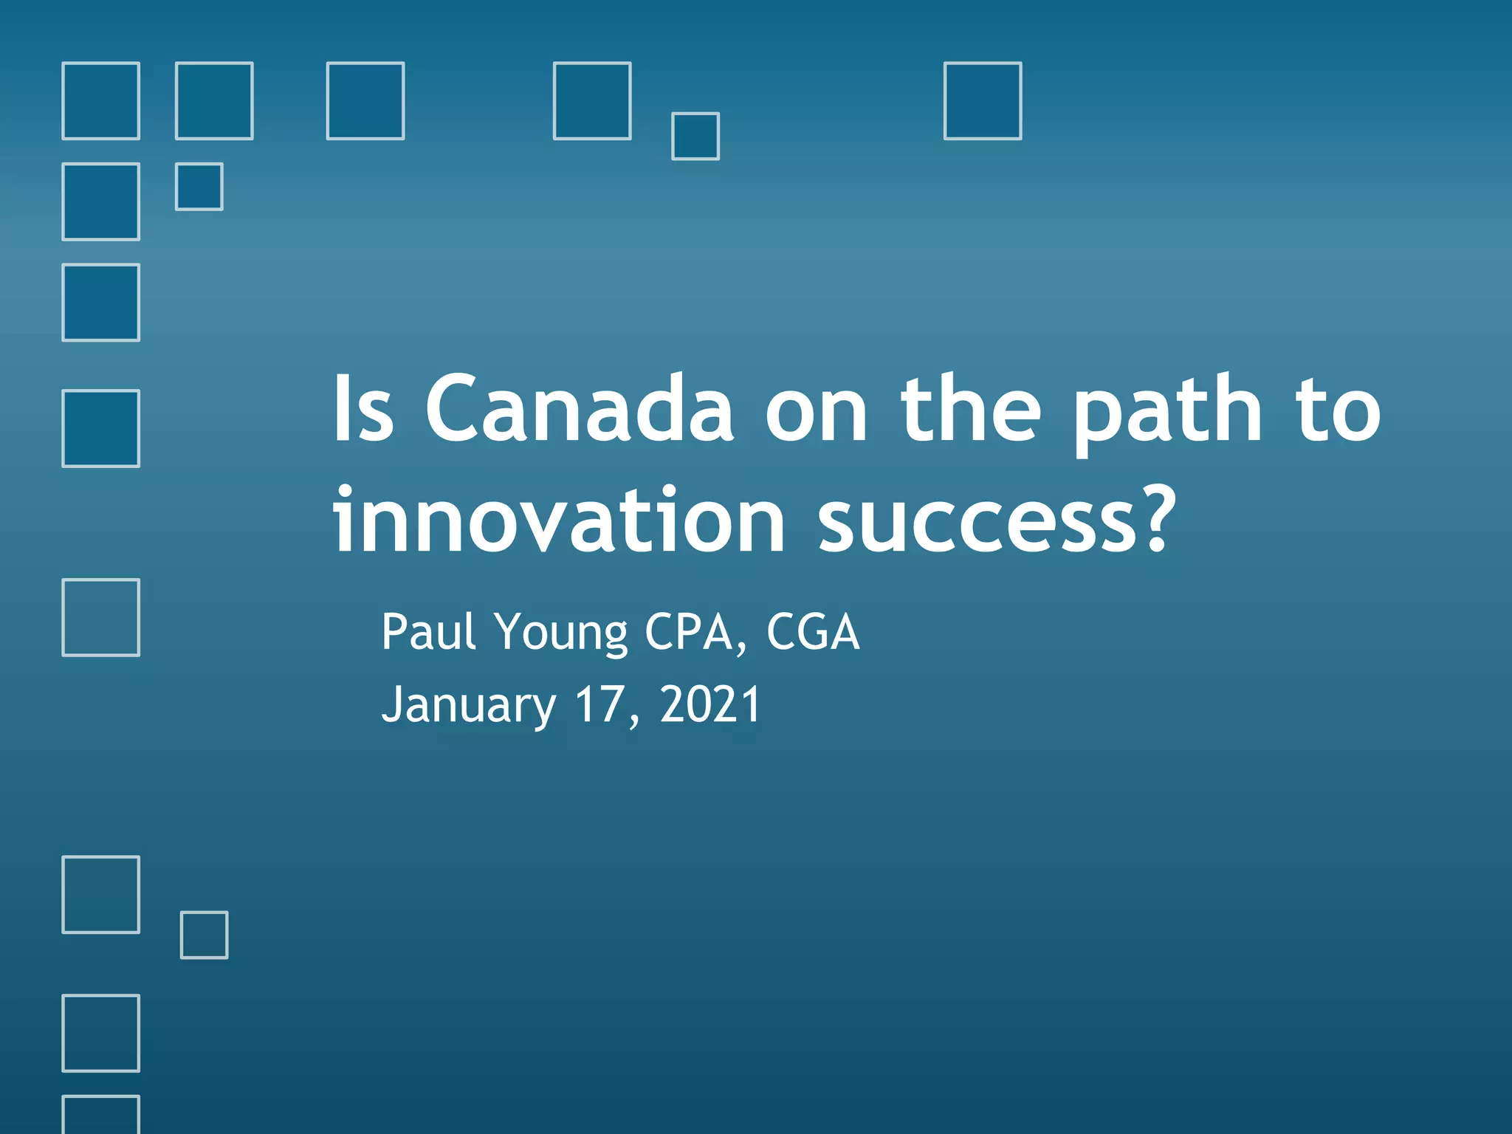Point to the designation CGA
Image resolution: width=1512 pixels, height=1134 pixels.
point(813,632)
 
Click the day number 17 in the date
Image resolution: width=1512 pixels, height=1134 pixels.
point(599,704)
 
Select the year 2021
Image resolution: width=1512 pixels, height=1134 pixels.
point(710,704)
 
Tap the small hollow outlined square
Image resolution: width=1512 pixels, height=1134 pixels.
point(204,935)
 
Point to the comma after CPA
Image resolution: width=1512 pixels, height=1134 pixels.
point(741,650)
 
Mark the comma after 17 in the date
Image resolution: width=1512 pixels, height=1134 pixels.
point(634,722)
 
